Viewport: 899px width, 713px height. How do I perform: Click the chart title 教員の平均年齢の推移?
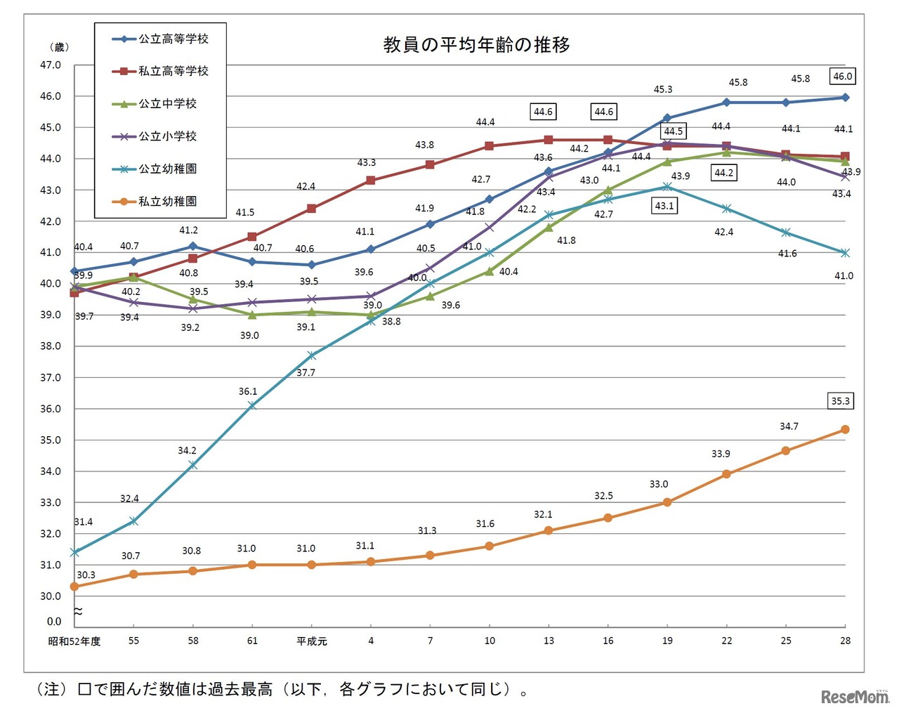click(x=476, y=45)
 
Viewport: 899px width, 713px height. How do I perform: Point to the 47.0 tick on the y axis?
click(x=50, y=65)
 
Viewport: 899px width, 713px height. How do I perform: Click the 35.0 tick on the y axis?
click(x=50, y=440)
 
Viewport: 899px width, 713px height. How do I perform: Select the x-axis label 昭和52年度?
click(x=74, y=641)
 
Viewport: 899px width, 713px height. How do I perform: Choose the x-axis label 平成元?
click(x=312, y=641)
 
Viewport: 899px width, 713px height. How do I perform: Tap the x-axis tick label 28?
click(x=845, y=641)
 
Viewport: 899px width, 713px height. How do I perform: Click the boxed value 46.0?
click(x=842, y=77)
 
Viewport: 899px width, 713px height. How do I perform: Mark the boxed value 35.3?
click(x=840, y=401)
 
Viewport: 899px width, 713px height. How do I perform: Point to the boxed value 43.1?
click(x=664, y=206)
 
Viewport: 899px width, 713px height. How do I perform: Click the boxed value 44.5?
click(x=673, y=131)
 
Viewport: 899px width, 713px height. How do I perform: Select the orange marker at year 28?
click(x=845, y=429)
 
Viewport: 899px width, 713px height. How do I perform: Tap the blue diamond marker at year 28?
click(x=845, y=98)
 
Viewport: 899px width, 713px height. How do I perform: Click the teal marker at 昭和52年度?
click(x=74, y=553)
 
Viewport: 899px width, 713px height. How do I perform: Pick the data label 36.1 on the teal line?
click(x=247, y=391)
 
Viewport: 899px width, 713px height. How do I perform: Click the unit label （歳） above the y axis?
click(x=59, y=47)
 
